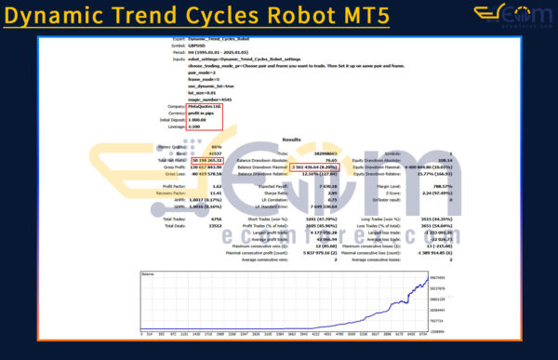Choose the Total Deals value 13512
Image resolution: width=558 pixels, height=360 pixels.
193,225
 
